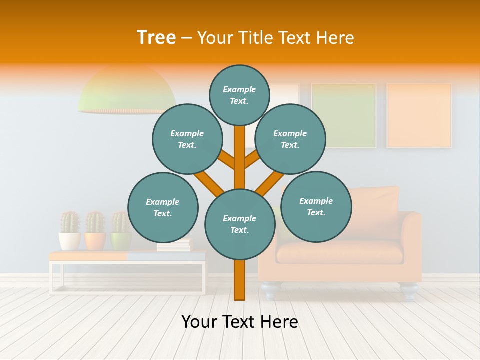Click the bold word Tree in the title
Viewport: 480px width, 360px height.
156,38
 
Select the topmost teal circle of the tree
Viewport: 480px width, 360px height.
239,95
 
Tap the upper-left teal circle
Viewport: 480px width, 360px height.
187,139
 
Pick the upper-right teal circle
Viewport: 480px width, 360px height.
290,139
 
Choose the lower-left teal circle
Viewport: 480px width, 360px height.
163,207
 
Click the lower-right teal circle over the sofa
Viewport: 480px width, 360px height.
316,206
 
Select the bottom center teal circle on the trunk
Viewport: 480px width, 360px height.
240,224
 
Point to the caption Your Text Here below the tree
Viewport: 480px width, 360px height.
239,322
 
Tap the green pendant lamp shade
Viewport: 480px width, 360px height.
127,92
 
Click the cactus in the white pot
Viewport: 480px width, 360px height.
70,223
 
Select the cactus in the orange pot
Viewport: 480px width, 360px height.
95,223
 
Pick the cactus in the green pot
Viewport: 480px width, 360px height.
120,223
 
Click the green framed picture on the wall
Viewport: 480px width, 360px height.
344,115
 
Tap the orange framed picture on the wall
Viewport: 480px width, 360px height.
419,115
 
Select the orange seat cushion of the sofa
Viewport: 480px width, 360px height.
340,252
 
